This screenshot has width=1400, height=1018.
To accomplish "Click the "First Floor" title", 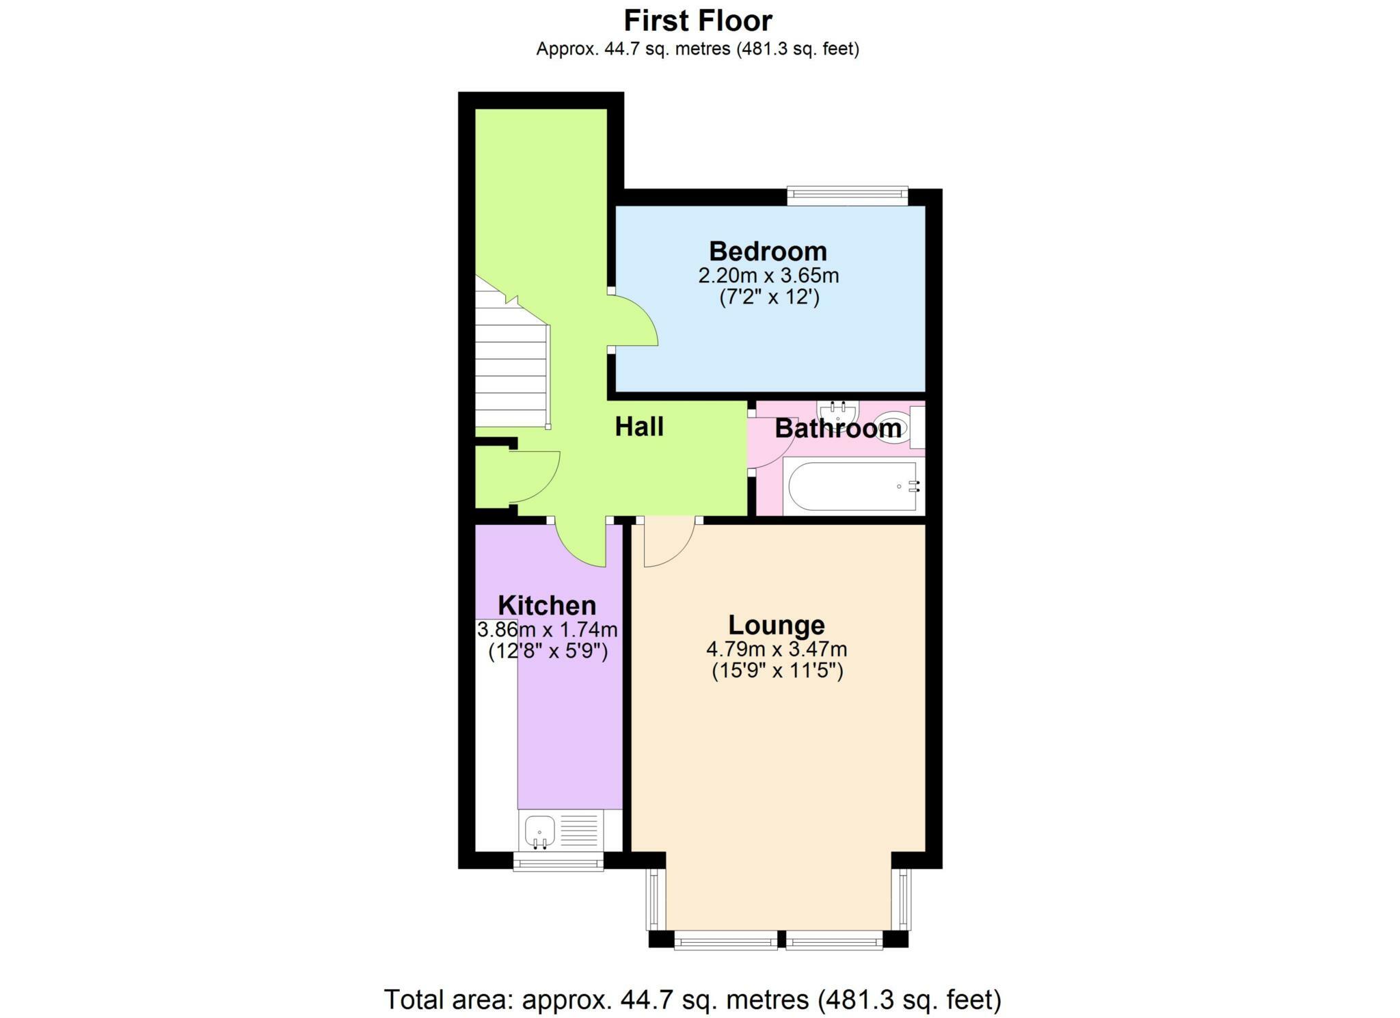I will [x=698, y=21].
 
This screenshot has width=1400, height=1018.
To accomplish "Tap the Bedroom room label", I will [x=768, y=252].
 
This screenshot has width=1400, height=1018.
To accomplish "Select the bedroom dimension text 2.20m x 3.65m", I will [x=768, y=276].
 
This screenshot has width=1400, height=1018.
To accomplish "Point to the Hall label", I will [x=639, y=427].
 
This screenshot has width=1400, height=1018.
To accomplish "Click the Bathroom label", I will [x=837, y=429].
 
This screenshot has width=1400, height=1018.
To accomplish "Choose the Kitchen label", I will [x=547, y=606].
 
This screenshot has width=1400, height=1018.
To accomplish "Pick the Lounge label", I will [x=777, y=625].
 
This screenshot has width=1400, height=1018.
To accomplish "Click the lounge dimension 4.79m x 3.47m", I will [x=777, y=649].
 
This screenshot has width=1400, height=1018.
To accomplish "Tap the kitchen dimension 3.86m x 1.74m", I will [x=547, y=629].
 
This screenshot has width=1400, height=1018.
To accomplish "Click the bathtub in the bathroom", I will [x=852, y=487].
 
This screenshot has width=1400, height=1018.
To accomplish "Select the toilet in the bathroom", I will [x=893, y=427].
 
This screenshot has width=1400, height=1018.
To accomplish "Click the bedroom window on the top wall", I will [x=847, y=196].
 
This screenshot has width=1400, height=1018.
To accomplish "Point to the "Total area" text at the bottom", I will [x=692, y=1000].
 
